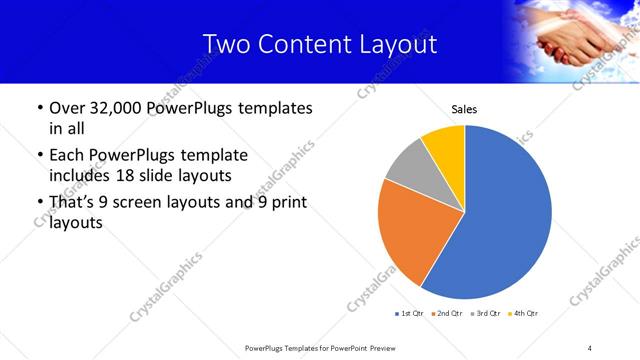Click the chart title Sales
click(464, 109)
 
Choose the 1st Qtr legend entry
click(410, 314)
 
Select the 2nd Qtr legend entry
click(445, 314)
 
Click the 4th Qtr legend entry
click(524, 314)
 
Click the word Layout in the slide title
click(397, 45)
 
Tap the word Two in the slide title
click(225, 45)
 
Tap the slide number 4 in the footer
click(590, 348)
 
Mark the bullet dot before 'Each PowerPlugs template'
click(39, 156)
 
